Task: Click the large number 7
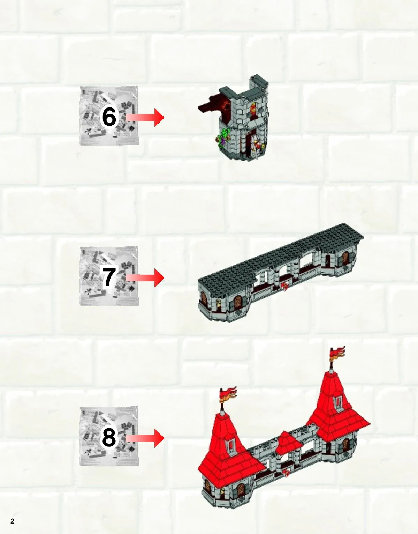pos(109,277)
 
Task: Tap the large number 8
pos(109,438)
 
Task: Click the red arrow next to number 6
pos(145,118)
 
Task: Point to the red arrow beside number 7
pos(145,278)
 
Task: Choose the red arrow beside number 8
pos(145,438)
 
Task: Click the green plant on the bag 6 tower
pos(223,137)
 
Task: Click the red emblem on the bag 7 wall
pos(285,287)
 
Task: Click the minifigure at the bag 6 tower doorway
pos(257,146)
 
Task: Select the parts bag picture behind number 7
pos(109,276)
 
